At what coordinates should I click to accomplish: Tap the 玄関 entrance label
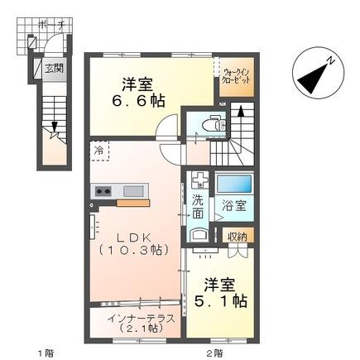point(53,68)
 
